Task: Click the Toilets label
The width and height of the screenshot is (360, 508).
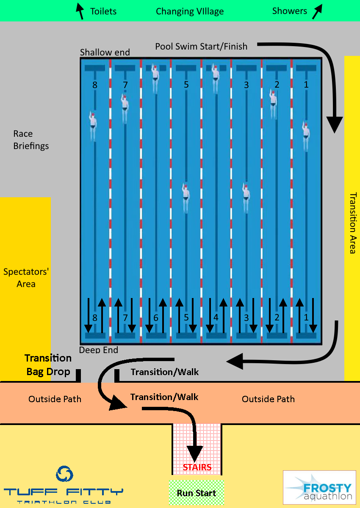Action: click(x=103, y=11)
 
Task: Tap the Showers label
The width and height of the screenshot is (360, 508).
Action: click(x=289, y=11)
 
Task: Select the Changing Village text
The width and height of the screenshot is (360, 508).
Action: click(x=190, y=11)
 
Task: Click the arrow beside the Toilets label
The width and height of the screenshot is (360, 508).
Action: click(x=80, y=11)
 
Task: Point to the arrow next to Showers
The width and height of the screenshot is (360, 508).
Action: click(x=317, y=11)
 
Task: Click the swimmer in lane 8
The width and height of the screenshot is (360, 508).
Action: click(x=93, y=126)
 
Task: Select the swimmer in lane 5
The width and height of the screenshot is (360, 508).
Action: click(x=186, y=199)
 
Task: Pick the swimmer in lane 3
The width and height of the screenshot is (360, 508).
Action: click(x=246, y=199)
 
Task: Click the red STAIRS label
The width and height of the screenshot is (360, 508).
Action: click(x=197, y=467)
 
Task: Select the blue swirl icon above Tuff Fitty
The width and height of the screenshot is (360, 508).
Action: click(x=64, y=474)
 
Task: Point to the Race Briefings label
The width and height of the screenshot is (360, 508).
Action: click(x=31, y=140)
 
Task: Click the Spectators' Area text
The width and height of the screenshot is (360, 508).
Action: click(x=26, y=278)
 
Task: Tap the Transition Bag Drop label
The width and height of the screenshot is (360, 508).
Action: click(x=48, y=364)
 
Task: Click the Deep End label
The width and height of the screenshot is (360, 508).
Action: click(x=98, y=350)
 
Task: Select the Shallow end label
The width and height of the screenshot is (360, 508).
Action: click(x=105, y=52)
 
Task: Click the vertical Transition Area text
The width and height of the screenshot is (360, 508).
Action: click(x=353, y=223)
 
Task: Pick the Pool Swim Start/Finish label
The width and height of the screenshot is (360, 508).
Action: click(x=201, y=47)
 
